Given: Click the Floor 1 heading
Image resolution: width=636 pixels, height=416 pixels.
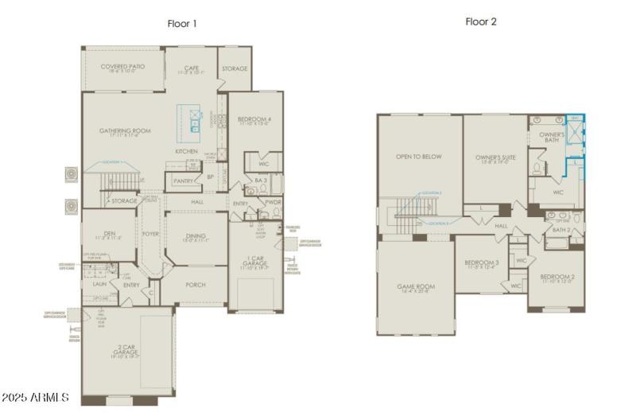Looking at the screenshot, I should [182, 24].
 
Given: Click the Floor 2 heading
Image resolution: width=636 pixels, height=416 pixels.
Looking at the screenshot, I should [481, 21].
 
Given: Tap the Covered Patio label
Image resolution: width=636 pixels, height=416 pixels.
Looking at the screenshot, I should [120, 68].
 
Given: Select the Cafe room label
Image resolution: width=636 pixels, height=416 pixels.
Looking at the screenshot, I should [191, 68].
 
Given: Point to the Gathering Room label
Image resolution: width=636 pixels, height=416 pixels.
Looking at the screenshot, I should [125, 131].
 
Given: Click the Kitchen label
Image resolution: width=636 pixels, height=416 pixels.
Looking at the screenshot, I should [187, 151].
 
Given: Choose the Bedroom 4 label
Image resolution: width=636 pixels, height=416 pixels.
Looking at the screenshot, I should [254, 120].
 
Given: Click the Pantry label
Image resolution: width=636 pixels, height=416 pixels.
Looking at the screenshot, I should [184, 181].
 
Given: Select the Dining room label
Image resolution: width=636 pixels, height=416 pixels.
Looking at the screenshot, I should [196, 235].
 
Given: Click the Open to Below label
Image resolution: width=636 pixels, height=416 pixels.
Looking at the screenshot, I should [419, 157].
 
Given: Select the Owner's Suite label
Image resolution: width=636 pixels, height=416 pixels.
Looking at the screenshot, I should [495, 157].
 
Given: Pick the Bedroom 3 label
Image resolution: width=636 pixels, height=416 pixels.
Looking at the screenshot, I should [482, 262].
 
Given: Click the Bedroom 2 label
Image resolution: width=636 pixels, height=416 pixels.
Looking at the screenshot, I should [556, 276].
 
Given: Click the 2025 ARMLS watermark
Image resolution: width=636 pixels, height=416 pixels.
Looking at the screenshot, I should [36, 397].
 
